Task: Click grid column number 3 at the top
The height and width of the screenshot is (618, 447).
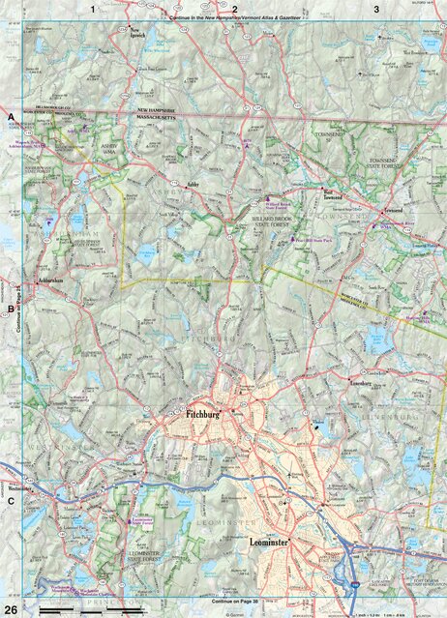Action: coord(376,8)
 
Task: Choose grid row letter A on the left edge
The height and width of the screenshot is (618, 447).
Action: coord(11,118)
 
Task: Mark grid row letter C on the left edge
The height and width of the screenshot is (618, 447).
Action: coord(11,501)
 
